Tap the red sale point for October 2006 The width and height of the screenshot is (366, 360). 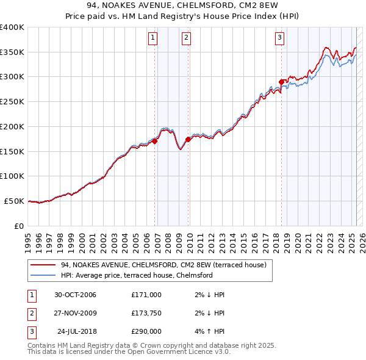[x=155, y=141]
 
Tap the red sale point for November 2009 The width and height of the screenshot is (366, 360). [x=188, y=140]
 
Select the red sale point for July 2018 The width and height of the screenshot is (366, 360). [x=281, y=82]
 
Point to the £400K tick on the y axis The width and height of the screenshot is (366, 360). [x=12, y=27]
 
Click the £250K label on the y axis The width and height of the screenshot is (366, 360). [x=12, y=102]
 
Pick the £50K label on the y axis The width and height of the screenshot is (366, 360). [x=15, y=201]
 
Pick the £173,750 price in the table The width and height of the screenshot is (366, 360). [x=146, y=313]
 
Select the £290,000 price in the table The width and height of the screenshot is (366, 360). [x=146, y=331]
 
